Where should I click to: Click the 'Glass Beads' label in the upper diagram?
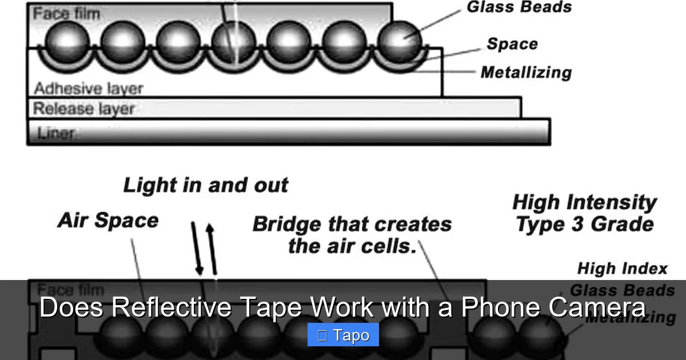[519, 7]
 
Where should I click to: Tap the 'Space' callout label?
[512, 44]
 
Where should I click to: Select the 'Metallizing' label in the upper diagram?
[526, 73]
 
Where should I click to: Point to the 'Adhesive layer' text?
[88, 89]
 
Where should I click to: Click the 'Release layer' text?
[83, 109]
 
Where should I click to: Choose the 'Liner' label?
[55, 133]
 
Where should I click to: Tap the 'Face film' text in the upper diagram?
[66, 13]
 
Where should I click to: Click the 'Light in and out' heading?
[206, 185]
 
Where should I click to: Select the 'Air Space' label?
[107, 221]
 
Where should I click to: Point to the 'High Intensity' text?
[584, 202]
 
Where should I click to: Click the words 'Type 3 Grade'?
[584, 225]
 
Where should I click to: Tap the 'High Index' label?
[622, 269]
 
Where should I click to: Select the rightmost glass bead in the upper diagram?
[400, 40]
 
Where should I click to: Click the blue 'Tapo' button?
[343, 335]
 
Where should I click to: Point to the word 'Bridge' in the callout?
[288, 224]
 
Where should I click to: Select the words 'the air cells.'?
[352, 246]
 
